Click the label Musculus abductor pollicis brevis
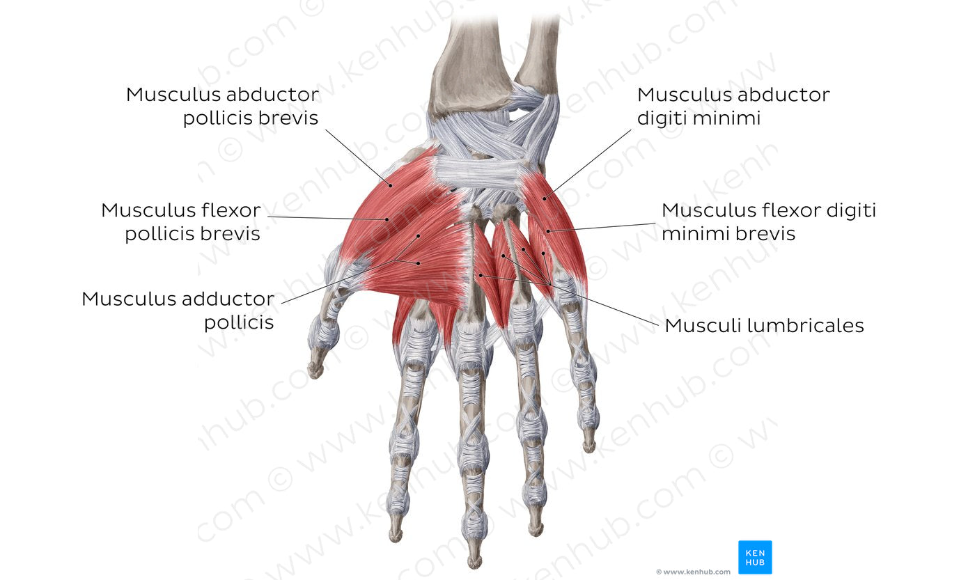coord(222,107)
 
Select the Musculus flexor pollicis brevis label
coord(181,222)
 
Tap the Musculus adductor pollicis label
coord(178,311)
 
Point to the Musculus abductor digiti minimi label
coord(733,107)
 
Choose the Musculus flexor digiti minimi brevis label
coord(769,222)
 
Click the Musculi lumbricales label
coord(765,325)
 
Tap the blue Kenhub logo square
coord(755,558)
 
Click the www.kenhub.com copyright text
coord(693,572)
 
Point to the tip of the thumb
coord(314,373)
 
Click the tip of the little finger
coord(589,448)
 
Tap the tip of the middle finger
coord(474,565)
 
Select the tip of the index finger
coord(396,538)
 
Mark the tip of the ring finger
coord(536,533)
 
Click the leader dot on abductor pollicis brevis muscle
coord(391,186)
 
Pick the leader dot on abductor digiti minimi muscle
coord(544,199)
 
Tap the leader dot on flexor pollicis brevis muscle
coord(387,220)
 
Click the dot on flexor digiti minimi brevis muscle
coord(548,231)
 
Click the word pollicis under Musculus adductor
coord(239,322)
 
